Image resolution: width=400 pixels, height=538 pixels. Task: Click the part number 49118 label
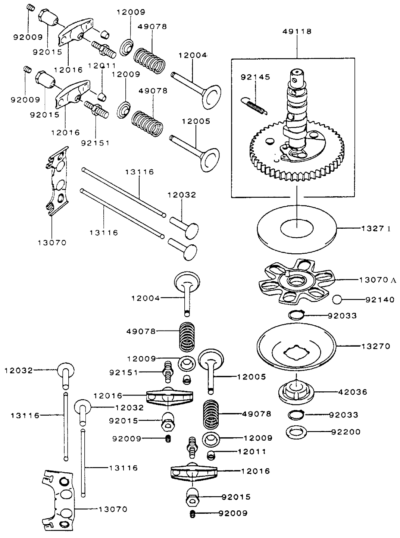click(x=297, y=31)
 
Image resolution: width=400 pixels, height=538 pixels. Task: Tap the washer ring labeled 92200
click(x=296, y=432)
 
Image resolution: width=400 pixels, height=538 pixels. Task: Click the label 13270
click(x=376, y=346)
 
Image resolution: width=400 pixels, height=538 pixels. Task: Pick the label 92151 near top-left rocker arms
click(x=95, y=143)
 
